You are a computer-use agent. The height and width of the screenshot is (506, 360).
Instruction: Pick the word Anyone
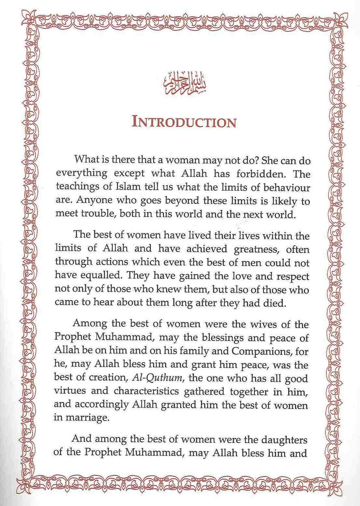pyautogui.click(x=93, y=201)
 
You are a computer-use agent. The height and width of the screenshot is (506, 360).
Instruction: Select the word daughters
pyautogui.click(x=283, y=440)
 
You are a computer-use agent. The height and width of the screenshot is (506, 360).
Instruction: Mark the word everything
pyautogui.click(x=82, y=174)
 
